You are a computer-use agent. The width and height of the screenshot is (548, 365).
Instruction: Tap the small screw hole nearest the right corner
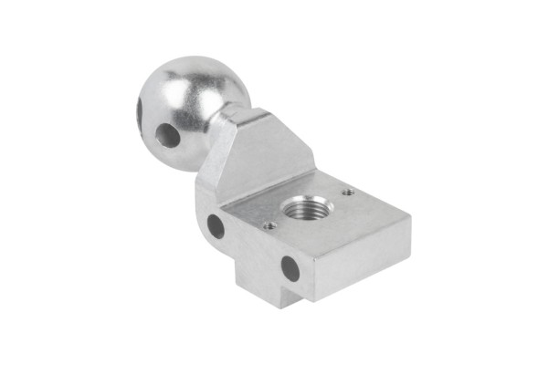(x=348, y=193)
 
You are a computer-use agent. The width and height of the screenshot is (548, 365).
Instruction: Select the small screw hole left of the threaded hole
(x=269, y=225)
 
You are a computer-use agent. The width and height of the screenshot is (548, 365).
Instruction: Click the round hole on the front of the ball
(x=168, y=136)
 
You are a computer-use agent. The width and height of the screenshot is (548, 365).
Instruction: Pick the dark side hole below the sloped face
(x=216, y=225)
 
